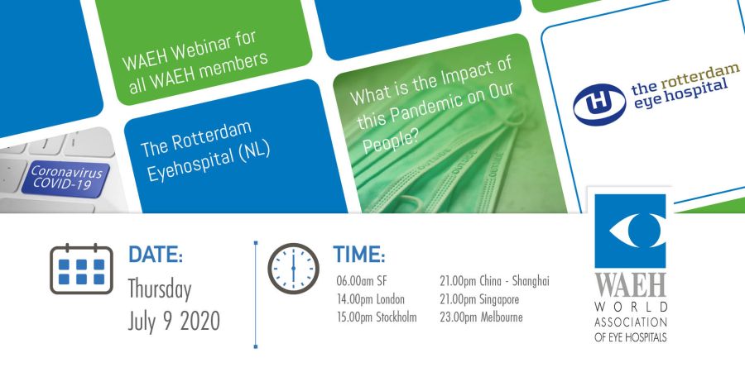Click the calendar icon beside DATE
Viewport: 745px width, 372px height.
tap(81, 269)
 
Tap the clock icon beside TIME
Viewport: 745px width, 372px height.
tap(293, 269)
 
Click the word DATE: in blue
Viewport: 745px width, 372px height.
tap(156, 255)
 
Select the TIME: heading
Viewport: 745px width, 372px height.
tap(358, 255)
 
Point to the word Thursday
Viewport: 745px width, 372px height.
tap(160, 291)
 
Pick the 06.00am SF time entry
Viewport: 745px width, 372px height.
tap(362, 281)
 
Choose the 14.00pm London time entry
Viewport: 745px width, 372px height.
tap(371, 299)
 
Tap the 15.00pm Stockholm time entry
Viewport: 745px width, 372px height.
tap(377, 317)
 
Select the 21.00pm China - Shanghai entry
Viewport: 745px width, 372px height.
tap(495, 281)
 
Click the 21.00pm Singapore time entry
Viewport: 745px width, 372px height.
tap(479, 299)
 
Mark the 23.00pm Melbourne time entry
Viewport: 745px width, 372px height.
tap(481, 317)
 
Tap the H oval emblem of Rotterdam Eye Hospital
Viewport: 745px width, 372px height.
tap(599, 104)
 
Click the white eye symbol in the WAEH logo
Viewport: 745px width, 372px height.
tap(631, 230)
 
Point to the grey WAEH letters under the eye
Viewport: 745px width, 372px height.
tap(631, 286)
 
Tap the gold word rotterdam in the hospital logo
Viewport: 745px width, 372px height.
tap(699, 76)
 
